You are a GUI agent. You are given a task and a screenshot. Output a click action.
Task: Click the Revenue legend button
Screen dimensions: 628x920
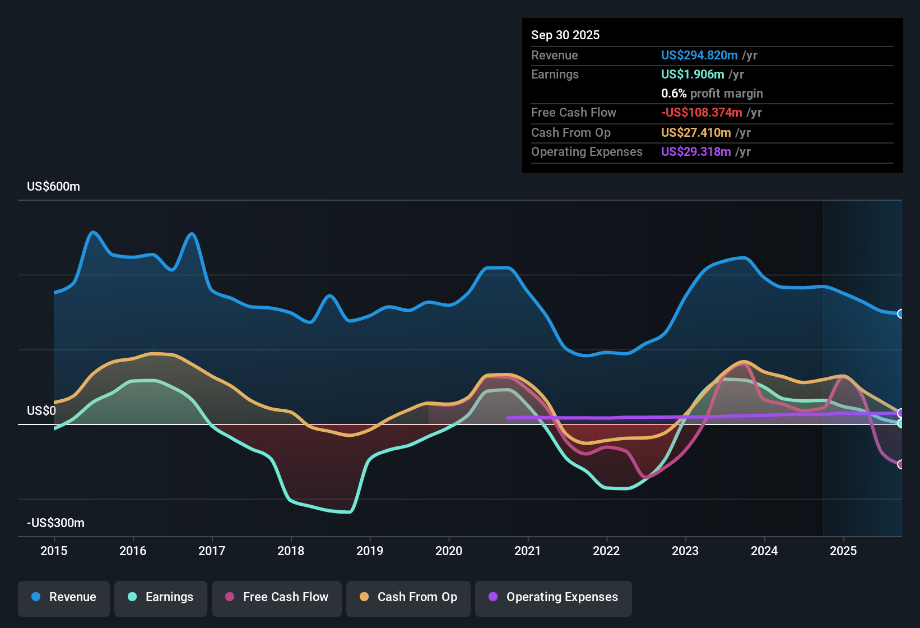64,597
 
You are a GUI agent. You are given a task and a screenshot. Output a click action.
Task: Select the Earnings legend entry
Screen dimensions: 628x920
161,597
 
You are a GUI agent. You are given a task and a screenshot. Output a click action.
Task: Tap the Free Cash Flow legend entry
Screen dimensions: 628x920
277,597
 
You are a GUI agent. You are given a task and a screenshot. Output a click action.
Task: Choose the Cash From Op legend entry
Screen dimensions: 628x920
408,597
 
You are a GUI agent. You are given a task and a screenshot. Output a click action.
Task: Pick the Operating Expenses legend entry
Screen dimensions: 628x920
554,597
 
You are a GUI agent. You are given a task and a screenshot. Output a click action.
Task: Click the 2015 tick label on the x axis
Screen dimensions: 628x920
54,551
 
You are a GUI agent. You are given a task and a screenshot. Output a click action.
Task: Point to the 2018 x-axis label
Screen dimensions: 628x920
291,551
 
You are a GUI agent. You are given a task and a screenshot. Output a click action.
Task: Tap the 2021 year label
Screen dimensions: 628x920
527,551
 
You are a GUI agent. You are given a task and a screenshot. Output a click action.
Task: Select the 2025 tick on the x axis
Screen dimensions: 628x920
843,551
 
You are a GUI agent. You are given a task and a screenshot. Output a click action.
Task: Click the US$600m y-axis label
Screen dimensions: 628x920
53,187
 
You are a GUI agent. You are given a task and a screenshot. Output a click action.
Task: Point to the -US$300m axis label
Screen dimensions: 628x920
55,523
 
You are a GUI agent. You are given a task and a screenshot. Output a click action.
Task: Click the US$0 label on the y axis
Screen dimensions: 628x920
41,411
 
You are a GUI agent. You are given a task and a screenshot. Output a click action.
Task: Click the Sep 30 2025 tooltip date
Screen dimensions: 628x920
565,35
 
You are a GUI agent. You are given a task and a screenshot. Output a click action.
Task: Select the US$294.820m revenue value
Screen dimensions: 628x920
699,55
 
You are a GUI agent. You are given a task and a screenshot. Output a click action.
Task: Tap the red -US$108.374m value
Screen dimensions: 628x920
701,112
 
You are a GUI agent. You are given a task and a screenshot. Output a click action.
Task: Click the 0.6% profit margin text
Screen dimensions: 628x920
712,93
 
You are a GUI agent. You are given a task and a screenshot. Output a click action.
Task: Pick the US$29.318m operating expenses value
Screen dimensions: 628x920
695,151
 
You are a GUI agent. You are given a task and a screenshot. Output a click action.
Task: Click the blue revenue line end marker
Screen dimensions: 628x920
900,313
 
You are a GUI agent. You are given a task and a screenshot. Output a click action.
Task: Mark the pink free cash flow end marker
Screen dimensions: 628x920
900,464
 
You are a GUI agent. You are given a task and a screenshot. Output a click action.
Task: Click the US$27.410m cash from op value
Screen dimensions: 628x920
695,132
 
